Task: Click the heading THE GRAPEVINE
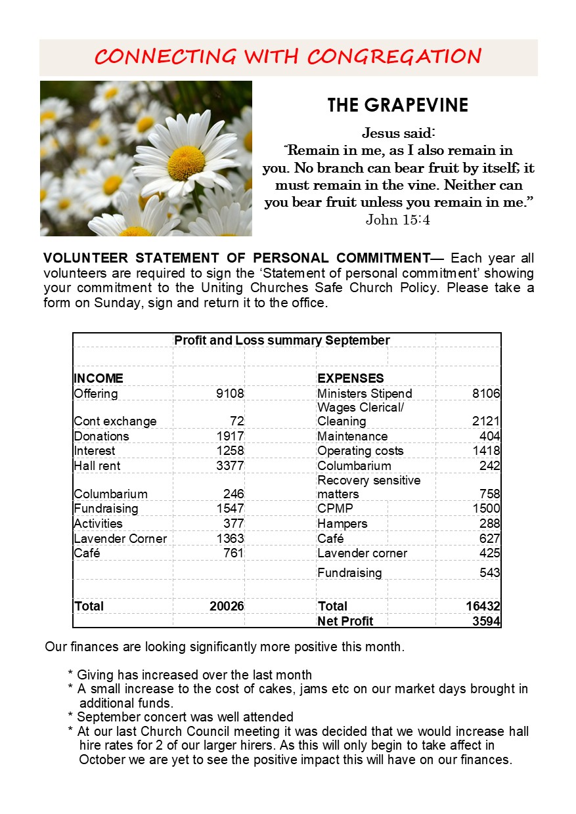[397, 106]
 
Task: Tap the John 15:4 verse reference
[397, 220]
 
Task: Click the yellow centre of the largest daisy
[186, 163]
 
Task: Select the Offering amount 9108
[230, 394]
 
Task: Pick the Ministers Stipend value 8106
[486, 394]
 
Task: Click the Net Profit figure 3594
[486, 621]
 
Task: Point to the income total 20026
[227, 606]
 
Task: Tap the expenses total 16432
[483, 606]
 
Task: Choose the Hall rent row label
[97, 466]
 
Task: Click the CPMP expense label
[335, 509]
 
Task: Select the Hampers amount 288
[490, 524]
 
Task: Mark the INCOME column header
[99, 379]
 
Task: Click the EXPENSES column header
[351, 379]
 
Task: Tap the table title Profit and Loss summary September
[282, 341]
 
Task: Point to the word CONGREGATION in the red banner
[394, 56]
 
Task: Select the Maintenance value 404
[490, 437]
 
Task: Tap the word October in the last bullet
[100, 760]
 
